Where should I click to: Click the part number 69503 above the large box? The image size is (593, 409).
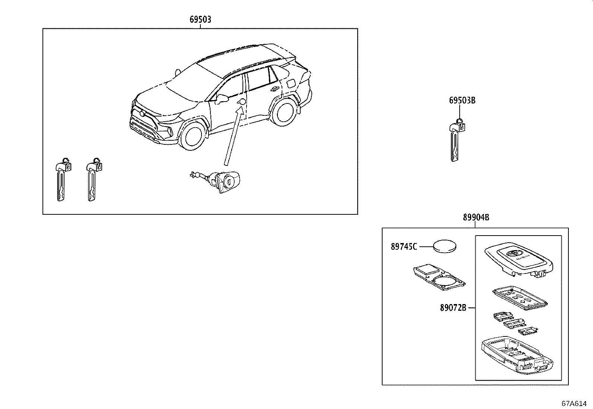[200, 20]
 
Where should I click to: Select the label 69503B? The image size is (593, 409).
[462, 100]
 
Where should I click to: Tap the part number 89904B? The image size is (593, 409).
[476, 218]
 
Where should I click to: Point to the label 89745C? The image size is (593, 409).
[404, 246]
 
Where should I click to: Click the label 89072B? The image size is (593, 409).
[453, 308]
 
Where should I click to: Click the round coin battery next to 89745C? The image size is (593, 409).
[445, 246]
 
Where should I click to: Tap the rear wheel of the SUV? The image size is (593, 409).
[283, 112]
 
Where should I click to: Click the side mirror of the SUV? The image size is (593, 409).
[222, 99]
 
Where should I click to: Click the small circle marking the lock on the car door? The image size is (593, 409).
[242, 102]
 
